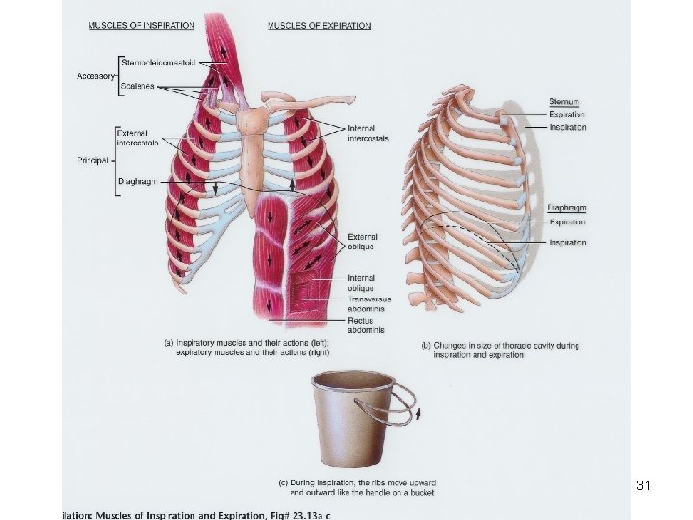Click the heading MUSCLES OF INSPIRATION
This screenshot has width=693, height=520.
141,25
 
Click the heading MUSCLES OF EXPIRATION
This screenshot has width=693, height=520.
319,25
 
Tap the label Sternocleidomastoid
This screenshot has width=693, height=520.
159,64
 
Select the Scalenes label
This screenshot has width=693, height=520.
139,86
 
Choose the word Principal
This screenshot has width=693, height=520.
92,159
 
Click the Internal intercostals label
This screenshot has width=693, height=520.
369,133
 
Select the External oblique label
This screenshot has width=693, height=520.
363,241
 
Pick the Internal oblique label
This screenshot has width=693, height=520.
365,283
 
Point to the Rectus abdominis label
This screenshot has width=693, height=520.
366,325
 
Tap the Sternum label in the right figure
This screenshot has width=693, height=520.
563,101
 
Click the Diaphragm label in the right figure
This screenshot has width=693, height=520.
568,207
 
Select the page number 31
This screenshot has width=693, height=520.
644,486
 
